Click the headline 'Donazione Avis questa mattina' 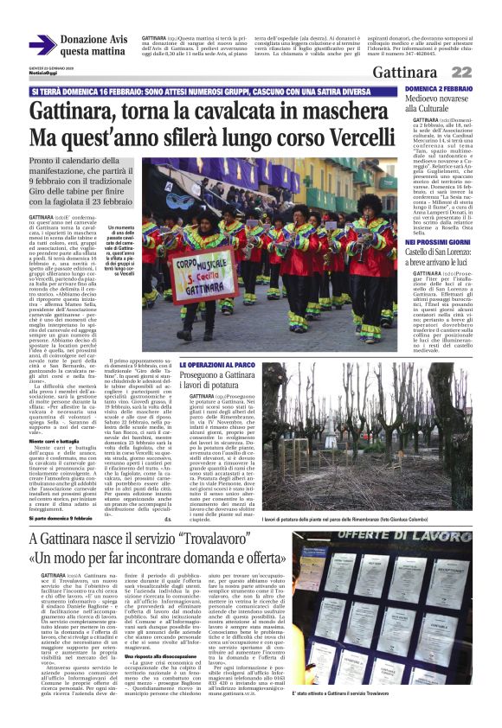[x=93, y=46]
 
